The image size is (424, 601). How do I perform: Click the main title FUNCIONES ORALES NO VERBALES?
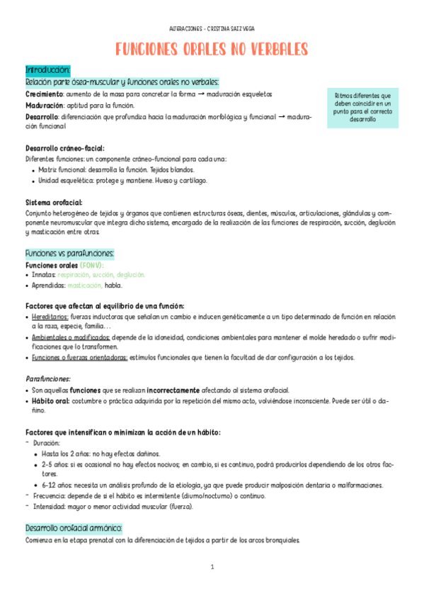click(212, 49)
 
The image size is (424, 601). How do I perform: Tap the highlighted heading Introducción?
click(47, 70)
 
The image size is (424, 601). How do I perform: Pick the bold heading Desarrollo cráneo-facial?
click(64, 148)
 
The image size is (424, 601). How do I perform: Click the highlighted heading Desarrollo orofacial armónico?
click(74, 529)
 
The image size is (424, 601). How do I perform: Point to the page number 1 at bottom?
click(212, 567)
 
